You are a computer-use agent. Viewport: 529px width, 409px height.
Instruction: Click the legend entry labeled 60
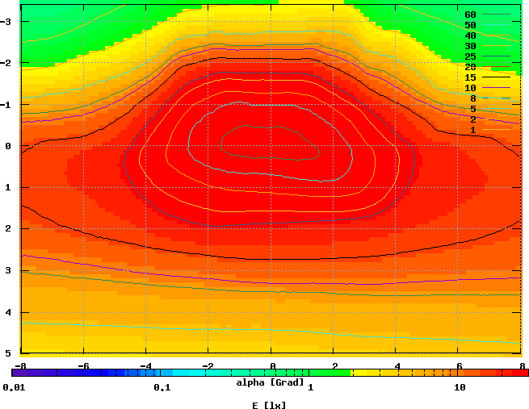tap(470, 15)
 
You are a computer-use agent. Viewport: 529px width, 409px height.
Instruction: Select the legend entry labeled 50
tap(470, 25)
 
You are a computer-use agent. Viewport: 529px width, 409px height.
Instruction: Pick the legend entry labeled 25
tap(470, 56)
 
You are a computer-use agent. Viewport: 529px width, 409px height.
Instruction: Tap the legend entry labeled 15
tap(470, 77)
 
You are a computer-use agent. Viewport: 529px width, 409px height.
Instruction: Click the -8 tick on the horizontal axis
tap(21, 365)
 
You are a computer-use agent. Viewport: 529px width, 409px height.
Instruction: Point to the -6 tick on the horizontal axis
tap(83, 365)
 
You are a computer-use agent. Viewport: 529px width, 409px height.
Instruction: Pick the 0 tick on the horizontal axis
tap(272, 365)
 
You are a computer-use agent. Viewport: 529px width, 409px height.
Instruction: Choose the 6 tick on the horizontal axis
tap(460, 365)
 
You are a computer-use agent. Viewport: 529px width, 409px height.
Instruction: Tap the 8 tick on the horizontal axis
tap(522, 365)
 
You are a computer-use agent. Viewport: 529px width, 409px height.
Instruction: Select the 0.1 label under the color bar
tap(162, 388)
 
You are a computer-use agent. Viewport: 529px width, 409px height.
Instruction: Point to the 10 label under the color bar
tap(460, 388)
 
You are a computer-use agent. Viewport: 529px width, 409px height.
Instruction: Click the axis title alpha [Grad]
tap(271, 382)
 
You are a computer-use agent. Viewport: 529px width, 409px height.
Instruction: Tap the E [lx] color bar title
tap(269, 404)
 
